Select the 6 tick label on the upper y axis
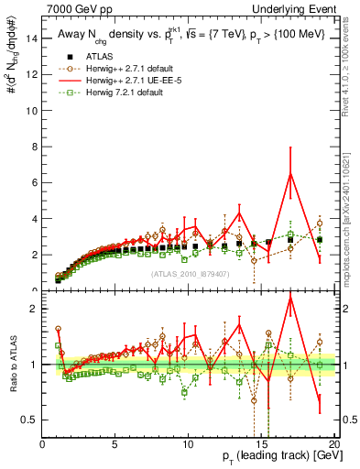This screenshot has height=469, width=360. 35,182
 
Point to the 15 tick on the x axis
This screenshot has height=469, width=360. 261,444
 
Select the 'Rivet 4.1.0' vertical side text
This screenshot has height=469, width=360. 354,64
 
